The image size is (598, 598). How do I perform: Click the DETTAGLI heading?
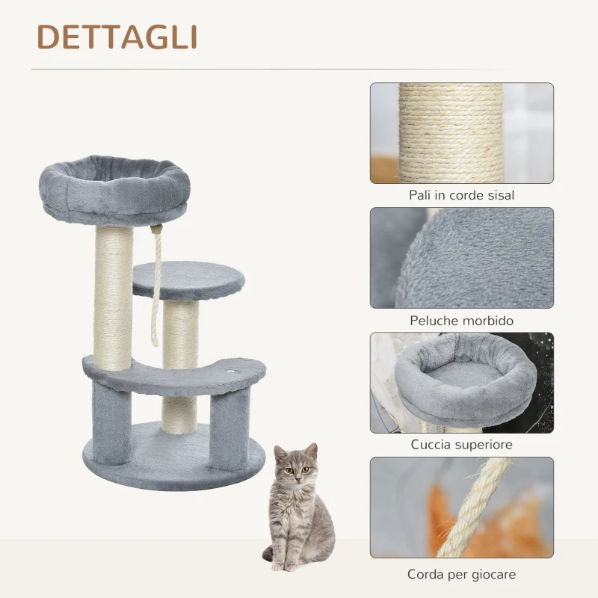117,37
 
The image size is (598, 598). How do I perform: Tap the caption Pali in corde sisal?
461,195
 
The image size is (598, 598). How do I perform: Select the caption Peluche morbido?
461,320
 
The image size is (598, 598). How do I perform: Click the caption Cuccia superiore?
461,445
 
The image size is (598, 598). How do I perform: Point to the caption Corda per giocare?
461,575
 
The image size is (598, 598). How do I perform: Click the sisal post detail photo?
461,133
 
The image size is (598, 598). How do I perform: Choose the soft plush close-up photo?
461,258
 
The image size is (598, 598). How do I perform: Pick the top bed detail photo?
461,383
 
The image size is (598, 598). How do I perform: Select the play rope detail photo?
461,508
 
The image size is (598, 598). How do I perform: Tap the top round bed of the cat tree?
113,187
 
